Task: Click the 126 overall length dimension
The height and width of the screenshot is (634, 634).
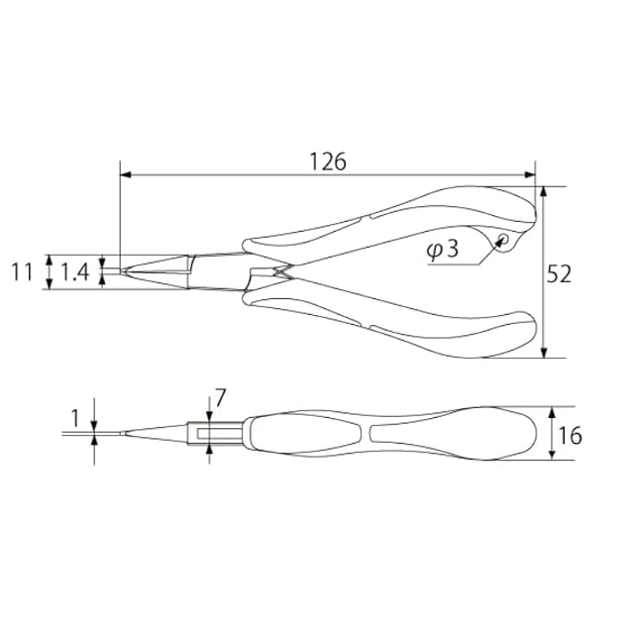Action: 328,161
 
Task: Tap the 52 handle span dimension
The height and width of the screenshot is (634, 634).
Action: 559,273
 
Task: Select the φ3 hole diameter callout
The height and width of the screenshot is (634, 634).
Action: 443,250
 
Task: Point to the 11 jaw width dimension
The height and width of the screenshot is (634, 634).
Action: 22,271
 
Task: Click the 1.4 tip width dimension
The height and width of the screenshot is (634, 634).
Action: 75,271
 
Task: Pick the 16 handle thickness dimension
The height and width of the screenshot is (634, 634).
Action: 570,436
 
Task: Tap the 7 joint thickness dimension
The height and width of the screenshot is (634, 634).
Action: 221,398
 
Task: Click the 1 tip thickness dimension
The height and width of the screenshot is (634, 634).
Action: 75,418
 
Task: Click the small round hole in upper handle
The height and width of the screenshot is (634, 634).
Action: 504,238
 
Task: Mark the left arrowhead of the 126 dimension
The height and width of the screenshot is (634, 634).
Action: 126,175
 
